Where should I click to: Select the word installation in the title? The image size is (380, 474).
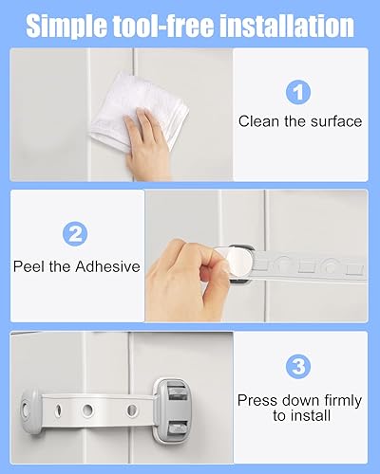point(287,25)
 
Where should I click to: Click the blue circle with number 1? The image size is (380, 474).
point(299,92)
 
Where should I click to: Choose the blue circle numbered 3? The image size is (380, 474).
point(299,368)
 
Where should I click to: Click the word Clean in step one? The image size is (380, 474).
point(258,121)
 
